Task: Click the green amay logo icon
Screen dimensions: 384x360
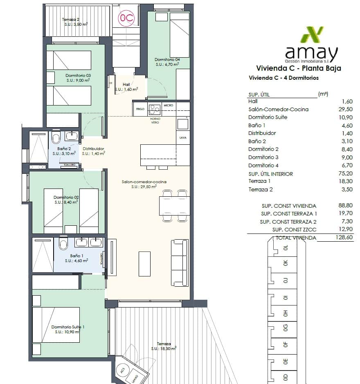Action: tap(312, 35)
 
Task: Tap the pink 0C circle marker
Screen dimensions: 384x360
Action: tap(126, 18)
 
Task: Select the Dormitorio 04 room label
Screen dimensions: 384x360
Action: tap(167, 59)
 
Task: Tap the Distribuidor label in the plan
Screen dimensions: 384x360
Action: tap(93, 148)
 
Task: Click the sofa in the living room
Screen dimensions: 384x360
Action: tap(179, 263)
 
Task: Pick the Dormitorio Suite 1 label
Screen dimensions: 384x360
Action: tap(68, 327)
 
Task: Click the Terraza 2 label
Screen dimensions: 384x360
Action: tap(70, 19)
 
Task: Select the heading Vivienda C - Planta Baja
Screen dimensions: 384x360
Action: tap(298, 68)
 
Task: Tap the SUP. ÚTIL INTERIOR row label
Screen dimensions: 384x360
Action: tap(270, 174)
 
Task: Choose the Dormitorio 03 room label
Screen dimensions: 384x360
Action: tap(78, 75)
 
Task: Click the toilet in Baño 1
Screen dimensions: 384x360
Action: tap(64, 244)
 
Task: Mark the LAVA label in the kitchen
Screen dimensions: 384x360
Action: tap(182, 138)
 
